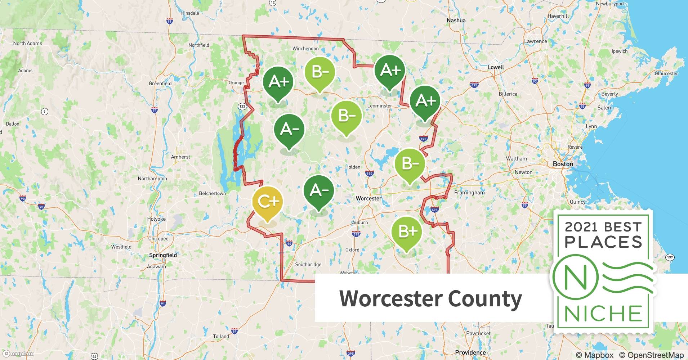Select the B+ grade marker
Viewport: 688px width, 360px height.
pyautogui.click(x=406, y=231)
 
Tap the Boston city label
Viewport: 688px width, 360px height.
pyautogui.click(x=563, y=164)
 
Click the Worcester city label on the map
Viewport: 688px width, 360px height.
pyautogui.click(x=368, y=198)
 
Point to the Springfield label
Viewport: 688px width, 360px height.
pyautogui.click(x=163, y=255)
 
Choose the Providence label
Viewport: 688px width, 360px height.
pyautogui.click(x=470, y=352)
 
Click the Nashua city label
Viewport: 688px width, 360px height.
pyautogui.click(x=456, y=21)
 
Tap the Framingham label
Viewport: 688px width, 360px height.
pyautogui.click(x=469, y=193)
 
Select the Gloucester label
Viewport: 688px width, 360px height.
pyautogui.click(x=666, y=73)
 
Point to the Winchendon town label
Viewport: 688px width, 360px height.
pyautogui.click(x=305, y=49)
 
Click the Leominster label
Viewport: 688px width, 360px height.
pyautogui.click(x=380, y=106)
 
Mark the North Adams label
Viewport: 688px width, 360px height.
pyautogui.click(x=28, y=44)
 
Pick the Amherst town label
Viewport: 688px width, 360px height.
pyautogui.click(x=180, y=157)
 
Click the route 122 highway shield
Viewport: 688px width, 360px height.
pyautogui.click(x=242, y=106)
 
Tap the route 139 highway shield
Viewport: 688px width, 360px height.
pyautogui.click(x=670, y=257)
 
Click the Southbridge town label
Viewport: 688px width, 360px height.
pyautogui.click(x=308, y=265)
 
